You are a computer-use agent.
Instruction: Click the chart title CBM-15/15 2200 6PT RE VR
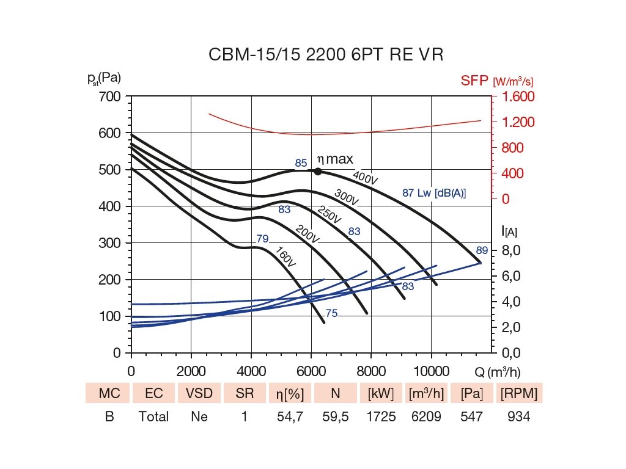tap(325, 55)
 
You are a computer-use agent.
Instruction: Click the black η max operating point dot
tap(318, 172)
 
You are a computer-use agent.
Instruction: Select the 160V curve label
tap(285, 257)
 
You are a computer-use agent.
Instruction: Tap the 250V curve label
tap(330, 214)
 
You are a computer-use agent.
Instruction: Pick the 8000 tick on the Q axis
tap(371, 371)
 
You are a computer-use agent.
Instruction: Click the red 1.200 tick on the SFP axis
tap(518, 122)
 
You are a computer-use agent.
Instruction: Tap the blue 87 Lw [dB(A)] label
tap(434, 193)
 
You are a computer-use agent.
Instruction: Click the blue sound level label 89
tap(482, 250)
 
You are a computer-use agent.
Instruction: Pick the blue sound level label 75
tap(331, 314)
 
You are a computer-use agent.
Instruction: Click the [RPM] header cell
tap(519, 394)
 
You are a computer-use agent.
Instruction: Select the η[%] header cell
tap(290, 394)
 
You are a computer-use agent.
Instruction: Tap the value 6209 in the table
tap(426, 417)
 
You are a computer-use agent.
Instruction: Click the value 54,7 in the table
tap(290, 417)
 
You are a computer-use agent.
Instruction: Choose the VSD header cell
tap(199, 394)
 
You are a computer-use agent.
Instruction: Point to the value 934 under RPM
tap(519, 417)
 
